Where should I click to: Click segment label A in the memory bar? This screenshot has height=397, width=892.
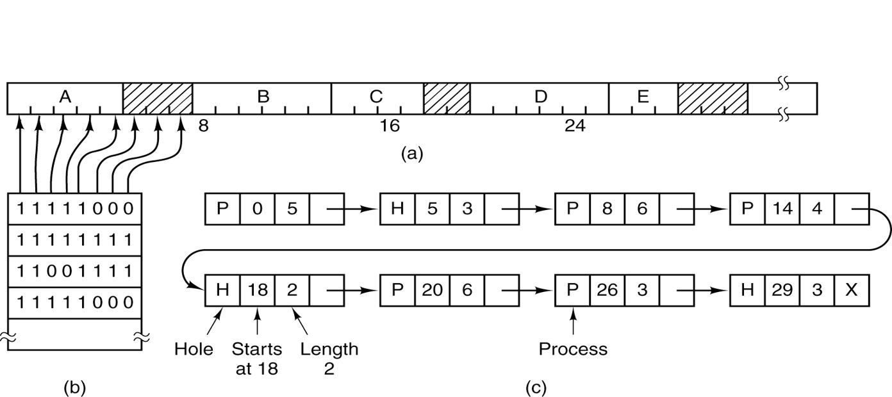click(x=65, y=97)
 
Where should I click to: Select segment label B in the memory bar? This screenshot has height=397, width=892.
click(x=263, y=97)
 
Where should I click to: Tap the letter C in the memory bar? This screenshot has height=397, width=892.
click(x=376, y=97)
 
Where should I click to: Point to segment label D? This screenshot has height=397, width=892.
click(x=541, y=97)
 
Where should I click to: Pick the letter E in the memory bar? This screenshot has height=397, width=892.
click(x=643, y=97)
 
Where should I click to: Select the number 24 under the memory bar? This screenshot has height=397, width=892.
click(x=575, y=126)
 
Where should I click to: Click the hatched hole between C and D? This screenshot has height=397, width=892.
click(x=447, y=99)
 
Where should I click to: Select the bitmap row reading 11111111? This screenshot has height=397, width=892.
click(x=75, y=240)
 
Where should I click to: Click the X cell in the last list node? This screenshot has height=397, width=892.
click(x=851, y=290)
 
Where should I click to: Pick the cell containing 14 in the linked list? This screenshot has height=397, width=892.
click(x=782, y=210)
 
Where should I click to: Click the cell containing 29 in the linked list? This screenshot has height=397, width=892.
click(x=782, y=290)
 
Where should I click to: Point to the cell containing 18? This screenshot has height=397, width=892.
click(x=257, y=290)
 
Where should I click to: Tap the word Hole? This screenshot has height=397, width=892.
click(x=194, y=350)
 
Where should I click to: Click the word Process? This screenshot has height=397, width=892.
click(x=573, y=350)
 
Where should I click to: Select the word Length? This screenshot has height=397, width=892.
click(x=329, y=350)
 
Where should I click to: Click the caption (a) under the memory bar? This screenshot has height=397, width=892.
click(x=411, y=154)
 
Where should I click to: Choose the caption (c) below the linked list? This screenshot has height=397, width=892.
click(x=536, y=387)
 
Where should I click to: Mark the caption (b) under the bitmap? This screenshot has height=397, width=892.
click(x=74, y=387)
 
